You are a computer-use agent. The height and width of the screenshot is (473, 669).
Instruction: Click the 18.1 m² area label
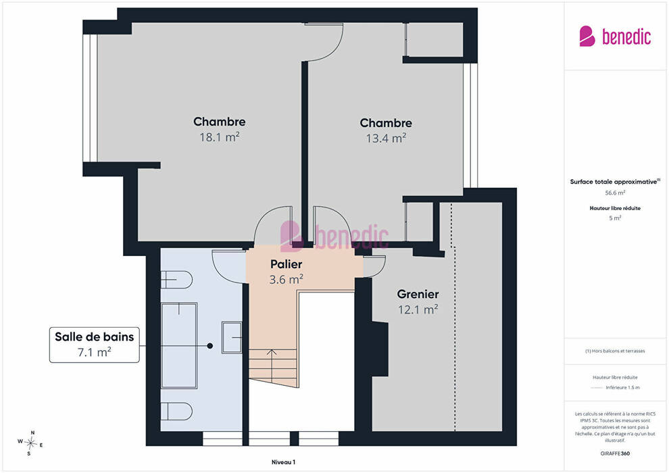coord(220,137)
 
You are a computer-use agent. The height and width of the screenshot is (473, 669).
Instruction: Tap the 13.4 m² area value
coord(386,139)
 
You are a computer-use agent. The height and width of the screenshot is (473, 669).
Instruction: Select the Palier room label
coord(287,264)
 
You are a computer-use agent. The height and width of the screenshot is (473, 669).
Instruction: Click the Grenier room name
coord(418,294)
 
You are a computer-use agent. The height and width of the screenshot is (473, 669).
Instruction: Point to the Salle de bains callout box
coord(95,345)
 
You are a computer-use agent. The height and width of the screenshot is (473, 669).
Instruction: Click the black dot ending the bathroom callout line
coord(210,346)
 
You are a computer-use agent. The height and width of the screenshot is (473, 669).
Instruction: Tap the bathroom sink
coord(232,337)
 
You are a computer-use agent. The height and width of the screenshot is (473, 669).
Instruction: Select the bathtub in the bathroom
coord(179,345)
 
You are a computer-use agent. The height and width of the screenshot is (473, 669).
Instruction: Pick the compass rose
coord(30,443)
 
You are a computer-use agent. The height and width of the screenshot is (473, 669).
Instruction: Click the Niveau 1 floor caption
coord(283,462)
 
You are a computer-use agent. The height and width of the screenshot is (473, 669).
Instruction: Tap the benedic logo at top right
coord(615,36)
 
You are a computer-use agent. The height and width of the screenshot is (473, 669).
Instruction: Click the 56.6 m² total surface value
coord(615,193)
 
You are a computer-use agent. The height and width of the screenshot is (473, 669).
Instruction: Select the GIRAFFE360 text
coord(615,453)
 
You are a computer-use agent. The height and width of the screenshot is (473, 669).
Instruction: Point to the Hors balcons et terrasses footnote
coord(615,351)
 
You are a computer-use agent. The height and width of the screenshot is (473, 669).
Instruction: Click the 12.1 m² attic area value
coord(418,309)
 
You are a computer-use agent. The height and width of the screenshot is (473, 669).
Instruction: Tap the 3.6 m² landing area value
coord(286,279)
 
